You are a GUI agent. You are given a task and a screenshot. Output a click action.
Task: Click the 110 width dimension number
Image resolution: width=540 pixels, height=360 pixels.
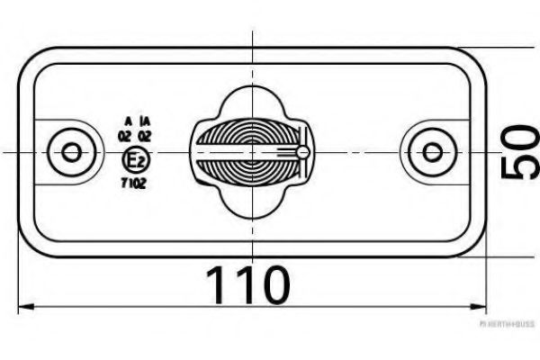point(249,284)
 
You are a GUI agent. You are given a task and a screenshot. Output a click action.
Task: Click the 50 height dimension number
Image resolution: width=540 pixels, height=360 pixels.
point(520,154)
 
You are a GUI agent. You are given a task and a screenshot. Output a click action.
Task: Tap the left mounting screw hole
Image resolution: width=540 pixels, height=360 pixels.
point(69,151)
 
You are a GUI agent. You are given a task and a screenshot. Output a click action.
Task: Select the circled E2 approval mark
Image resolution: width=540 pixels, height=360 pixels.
point(135,162)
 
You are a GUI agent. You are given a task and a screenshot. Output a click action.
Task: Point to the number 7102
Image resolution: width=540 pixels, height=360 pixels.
point(132,183)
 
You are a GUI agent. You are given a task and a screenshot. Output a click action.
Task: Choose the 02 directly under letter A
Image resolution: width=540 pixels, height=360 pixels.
point(125,136)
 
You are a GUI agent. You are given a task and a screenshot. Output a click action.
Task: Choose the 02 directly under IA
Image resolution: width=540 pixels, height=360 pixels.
point(144,136)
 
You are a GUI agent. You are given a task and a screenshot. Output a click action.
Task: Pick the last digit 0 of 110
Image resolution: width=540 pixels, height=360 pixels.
point(274,284)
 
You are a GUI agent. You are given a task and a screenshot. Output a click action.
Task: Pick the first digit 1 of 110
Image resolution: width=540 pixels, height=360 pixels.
point(219,284)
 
